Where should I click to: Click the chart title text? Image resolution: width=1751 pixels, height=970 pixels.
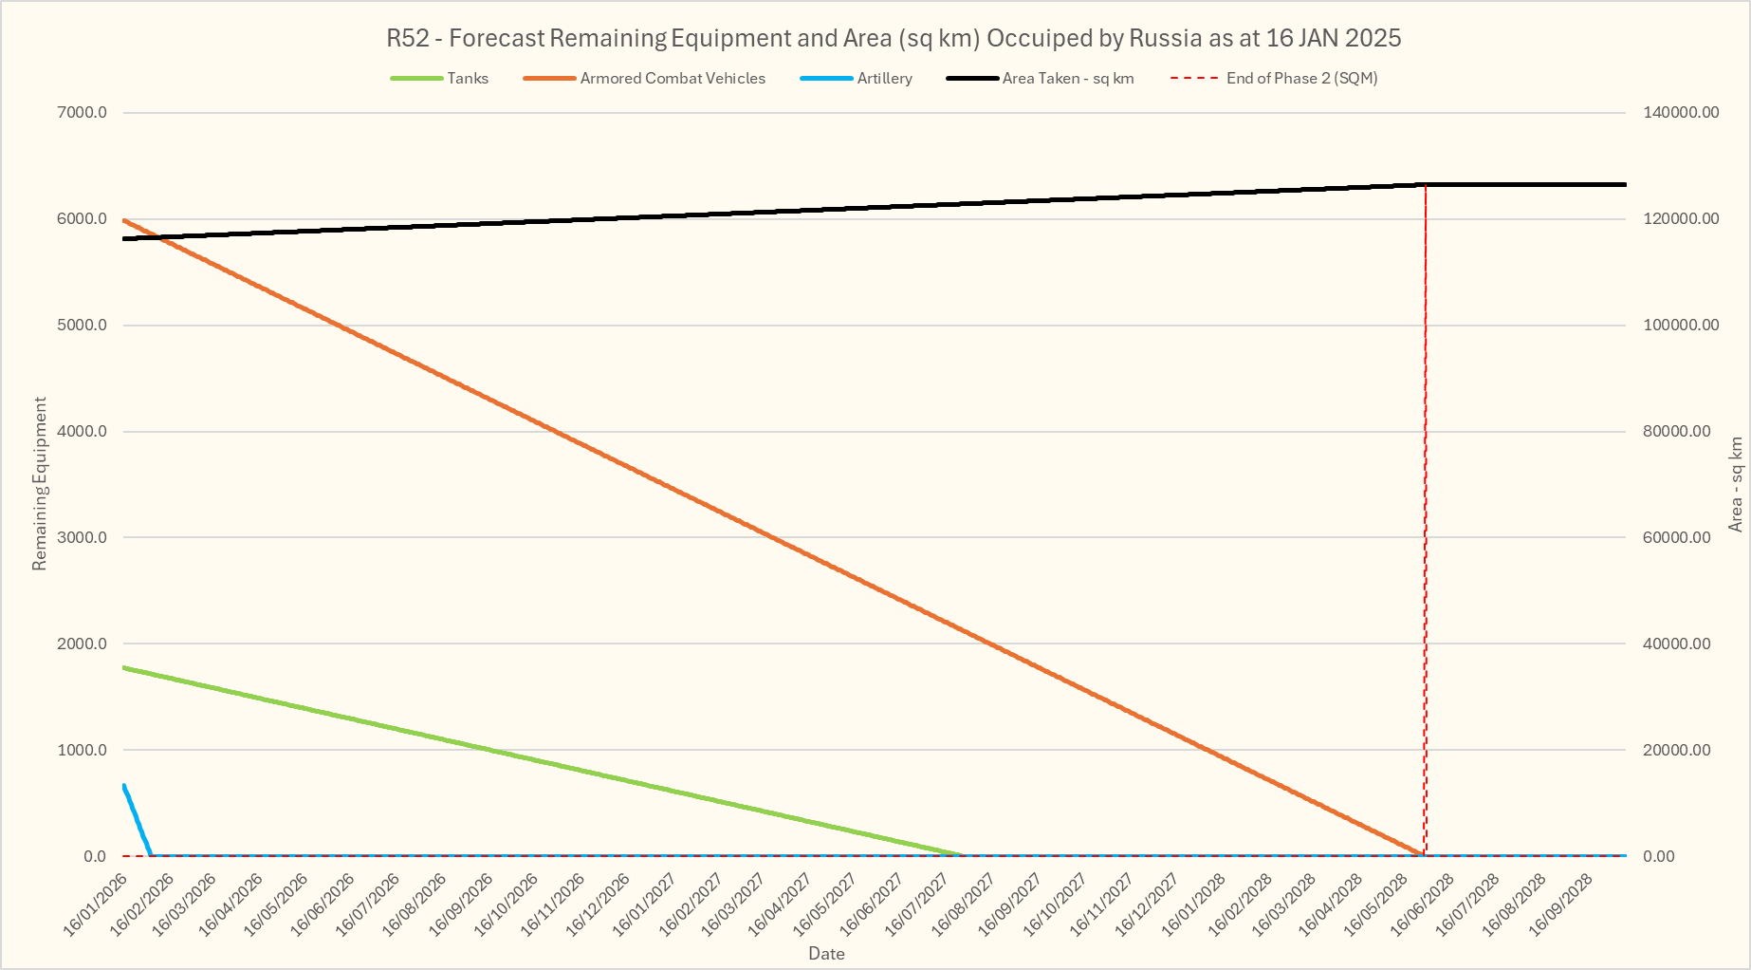point(894,39)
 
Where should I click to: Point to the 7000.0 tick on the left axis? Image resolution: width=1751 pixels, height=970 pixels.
point(83,113)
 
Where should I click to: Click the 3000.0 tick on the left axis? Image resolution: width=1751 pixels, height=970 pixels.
point(83,538)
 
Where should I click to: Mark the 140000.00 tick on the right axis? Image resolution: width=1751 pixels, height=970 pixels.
point(1681,113)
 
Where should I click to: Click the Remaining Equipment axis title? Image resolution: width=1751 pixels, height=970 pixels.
point(40,484)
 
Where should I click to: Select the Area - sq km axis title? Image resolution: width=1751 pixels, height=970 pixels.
point(1736,484)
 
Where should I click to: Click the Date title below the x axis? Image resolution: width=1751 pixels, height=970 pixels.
point(826,954)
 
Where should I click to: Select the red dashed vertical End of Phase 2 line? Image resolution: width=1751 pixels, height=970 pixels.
point(1426,522)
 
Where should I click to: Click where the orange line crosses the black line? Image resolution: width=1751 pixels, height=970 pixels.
point(159,237)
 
